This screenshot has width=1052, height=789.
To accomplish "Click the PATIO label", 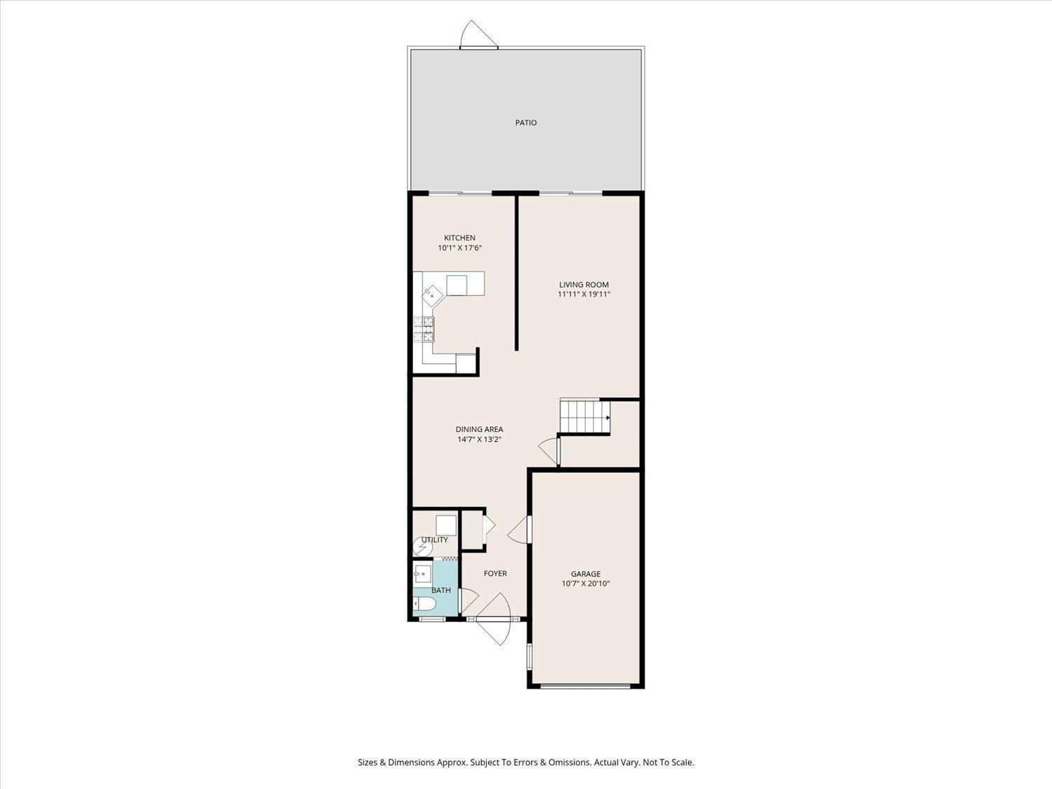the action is (526, 123).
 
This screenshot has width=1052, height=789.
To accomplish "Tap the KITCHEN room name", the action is (459, 238).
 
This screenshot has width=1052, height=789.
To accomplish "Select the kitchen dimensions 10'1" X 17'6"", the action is (459, 248).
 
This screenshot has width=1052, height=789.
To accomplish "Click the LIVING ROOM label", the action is (584, 285).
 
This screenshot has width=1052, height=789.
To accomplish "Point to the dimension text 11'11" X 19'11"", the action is (584, 295).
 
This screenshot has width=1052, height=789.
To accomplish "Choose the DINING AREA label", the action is (479, 429).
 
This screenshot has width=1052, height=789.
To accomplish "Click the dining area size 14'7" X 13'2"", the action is (479, 439).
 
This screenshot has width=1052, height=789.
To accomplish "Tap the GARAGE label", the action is (586, 574).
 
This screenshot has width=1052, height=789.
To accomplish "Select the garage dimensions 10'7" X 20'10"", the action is (586, 584).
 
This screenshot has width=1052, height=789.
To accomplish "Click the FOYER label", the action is (495, 573).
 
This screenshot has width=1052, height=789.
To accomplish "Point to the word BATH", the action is (441, 591).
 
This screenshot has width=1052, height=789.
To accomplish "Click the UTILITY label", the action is (435, 540).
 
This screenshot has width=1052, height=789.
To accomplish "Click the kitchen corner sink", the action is (97, 295).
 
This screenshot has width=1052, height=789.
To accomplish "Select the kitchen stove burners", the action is (424, 329).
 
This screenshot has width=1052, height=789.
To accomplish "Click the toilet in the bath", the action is (424, 605).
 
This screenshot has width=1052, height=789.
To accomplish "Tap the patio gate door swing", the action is (478, 34).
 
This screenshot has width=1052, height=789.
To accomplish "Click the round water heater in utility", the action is (422, 546).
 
